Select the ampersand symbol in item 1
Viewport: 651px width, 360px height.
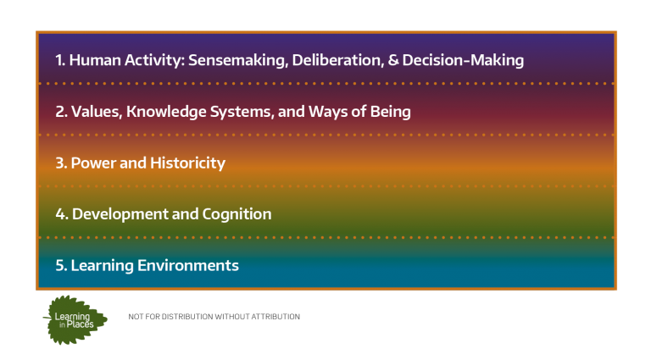(393, 60)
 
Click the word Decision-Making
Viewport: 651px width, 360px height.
(463, 60)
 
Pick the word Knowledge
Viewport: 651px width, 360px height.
(166, 112)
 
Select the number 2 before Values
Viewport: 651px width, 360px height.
(61, 112)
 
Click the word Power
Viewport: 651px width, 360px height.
(93, 163)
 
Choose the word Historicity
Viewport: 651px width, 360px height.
(187, 163)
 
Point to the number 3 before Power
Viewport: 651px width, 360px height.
(61, 163)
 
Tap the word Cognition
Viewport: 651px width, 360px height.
(236, 214)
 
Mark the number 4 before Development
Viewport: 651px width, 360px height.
(61, 214)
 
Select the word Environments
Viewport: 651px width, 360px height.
(188, 266)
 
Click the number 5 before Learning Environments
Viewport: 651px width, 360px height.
(61, 266)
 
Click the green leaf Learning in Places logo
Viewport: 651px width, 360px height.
(75, 320)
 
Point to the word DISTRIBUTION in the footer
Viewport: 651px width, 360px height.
(187, 317)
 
